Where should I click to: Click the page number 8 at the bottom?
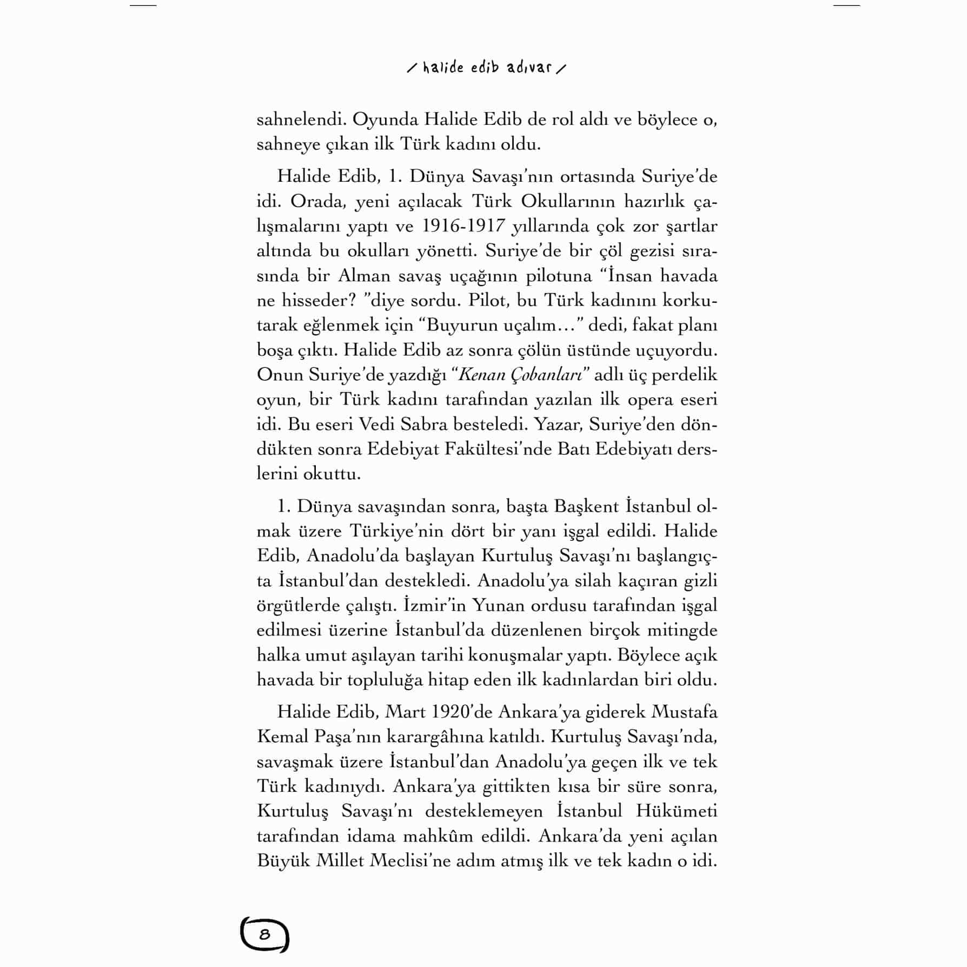[264, 935]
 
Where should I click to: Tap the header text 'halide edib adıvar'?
[487, 68]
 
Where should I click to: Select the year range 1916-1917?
[462, 226]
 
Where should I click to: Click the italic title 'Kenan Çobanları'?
[520, 375]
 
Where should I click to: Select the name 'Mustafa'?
[684, 712]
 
